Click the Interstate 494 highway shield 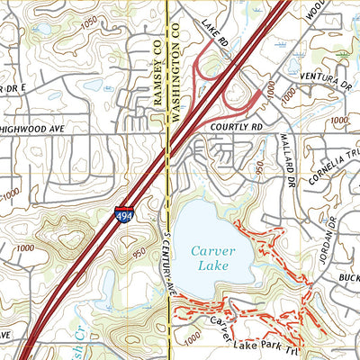point(121,214)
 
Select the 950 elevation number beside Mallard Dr point(259,168)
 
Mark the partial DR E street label point(11,88)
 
